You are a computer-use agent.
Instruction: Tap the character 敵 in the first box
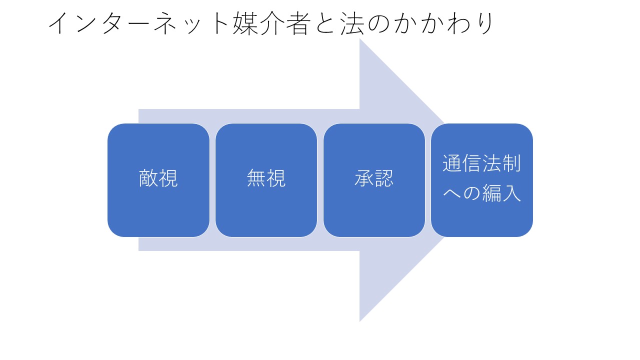[x=148, y=178]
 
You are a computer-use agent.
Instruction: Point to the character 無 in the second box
[x=256, y=178]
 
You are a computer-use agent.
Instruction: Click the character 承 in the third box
[x=364, y=178]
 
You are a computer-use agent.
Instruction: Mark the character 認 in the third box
[x=384, y=178]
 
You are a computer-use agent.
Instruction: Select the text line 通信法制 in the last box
[x=482, y=164]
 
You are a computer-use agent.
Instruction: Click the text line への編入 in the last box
[x=482, y=194]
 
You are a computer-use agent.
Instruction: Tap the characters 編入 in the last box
[x=501, y=194]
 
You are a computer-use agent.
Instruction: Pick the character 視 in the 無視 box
[x=276, y=178]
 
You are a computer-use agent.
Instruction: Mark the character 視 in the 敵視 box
[x=168, y=178]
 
